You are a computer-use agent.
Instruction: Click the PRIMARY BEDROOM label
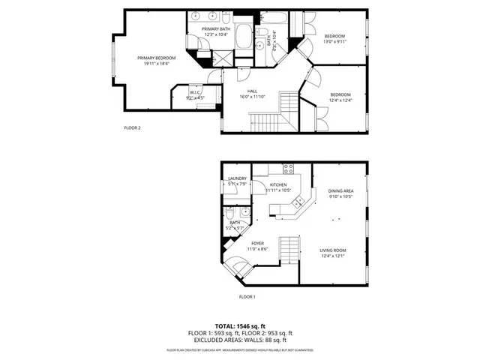(156, 58)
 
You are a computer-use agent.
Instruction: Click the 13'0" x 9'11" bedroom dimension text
(334, 43)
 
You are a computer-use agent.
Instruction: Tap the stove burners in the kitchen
(287, 169)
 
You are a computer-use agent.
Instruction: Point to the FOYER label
(257, 243)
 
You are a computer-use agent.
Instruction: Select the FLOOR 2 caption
(132, 127)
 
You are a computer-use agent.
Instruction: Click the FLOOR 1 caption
(247, 297)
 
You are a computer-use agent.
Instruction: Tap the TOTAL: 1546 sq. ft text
(239, 327)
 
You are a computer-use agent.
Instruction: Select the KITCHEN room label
(278, 184)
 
